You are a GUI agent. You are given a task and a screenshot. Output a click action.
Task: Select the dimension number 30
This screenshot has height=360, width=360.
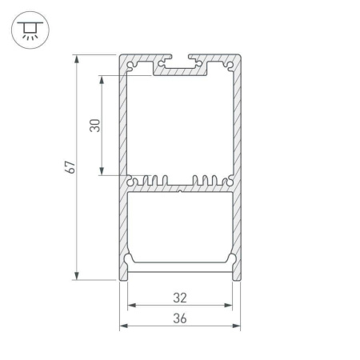95,126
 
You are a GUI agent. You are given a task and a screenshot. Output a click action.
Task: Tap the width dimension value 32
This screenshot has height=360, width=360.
180,298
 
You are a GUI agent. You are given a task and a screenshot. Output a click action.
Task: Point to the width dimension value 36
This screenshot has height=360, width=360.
180,318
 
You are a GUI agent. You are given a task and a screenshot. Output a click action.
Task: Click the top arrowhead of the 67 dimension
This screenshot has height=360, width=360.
77,58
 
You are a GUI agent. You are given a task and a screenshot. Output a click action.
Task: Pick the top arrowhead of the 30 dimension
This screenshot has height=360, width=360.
102,79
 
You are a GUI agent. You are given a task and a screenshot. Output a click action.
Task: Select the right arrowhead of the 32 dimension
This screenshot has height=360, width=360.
230,306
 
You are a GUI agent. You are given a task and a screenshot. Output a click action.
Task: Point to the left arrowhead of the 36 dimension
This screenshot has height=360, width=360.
123,326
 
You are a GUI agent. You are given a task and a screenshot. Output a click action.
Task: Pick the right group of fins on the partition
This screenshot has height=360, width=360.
208,180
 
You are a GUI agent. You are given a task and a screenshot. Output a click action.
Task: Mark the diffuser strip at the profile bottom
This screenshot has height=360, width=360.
180,266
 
